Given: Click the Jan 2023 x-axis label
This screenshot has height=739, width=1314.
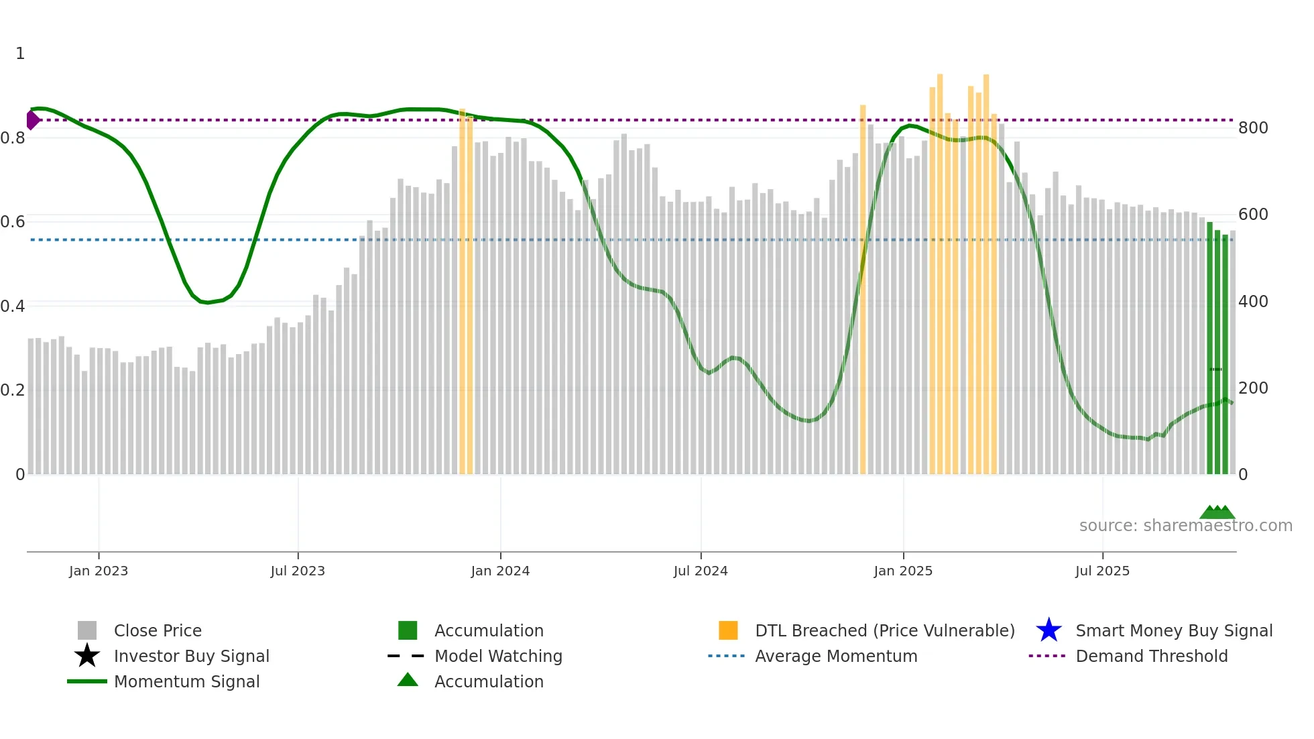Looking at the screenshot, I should (x=98, y=571).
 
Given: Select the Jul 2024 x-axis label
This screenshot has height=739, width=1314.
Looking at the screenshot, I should (x=701, y=571).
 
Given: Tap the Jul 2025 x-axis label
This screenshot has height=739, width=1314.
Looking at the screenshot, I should (x=1102, y=571).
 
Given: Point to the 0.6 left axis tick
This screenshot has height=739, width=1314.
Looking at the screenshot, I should (x=13, y=222).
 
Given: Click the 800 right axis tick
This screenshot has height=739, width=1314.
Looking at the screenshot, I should (x=1253, y=128).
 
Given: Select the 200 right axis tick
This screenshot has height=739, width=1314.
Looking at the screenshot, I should (x=1253, y=388).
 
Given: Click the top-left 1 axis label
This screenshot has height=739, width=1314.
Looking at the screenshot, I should (x=20, y=54).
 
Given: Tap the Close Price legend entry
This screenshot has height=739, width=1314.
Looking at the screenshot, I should (x=158, y=630).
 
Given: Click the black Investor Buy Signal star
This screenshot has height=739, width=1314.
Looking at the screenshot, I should (x=87, y=656).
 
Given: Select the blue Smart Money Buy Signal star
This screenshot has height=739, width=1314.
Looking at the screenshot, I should (x=1049, y=630).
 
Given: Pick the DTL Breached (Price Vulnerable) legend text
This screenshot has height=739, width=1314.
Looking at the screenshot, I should (x=884, y=630).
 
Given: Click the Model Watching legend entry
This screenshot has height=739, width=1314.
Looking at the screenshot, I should (x=497, y=656).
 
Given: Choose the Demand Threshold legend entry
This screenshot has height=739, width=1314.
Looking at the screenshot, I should (x=1151, y=656).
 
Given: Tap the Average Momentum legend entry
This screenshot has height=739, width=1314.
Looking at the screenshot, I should (x=835, y=656).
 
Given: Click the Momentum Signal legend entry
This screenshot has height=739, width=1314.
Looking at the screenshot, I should (x=186, y=681).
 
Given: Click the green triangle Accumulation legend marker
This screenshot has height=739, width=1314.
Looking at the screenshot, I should (x=408, y=680).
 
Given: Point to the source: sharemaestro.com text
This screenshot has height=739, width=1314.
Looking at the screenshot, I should (x=1185, y=526).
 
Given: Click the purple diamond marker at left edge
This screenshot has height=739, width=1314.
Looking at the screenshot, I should (x=32, y=120).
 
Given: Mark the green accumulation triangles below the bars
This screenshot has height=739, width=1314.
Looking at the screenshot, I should (x=1217, y=512).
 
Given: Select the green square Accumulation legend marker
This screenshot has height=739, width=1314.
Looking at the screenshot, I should (x=408, y=630).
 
